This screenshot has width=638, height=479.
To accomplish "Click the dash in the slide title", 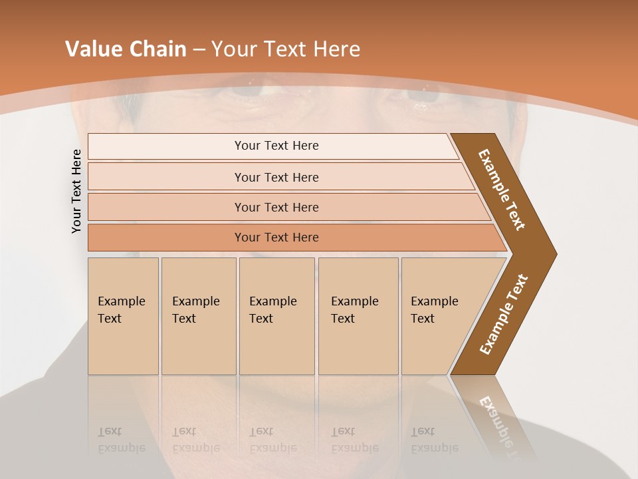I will [199, 50].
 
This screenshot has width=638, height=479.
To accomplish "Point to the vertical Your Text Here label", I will [76, 191].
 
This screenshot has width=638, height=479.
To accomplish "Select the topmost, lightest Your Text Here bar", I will [276, 146].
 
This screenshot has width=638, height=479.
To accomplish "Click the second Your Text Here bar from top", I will [276, 177].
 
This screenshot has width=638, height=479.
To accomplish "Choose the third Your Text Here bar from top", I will [276, 207].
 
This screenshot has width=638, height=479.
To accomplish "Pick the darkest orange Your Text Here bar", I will [276, 238].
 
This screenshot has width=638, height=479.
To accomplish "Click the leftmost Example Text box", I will [123, 316].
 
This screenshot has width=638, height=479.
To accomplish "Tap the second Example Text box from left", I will [199, 316].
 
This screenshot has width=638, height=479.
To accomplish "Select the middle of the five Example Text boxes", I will [276, 316].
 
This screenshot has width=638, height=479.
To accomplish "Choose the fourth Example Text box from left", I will [358, 316].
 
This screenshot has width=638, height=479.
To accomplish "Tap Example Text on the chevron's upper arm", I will [502, 190].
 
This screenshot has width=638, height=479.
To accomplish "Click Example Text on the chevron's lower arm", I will [504, 315].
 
